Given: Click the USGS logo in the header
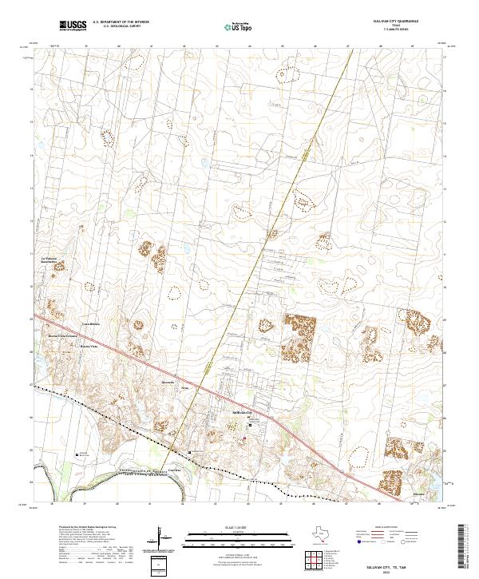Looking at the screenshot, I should tap(72, 26).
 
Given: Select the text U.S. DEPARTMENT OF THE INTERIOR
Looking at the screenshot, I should tap(121, 22).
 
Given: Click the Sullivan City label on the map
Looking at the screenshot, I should tap(241, 412).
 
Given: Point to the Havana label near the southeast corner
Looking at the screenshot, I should tap(418, 494).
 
